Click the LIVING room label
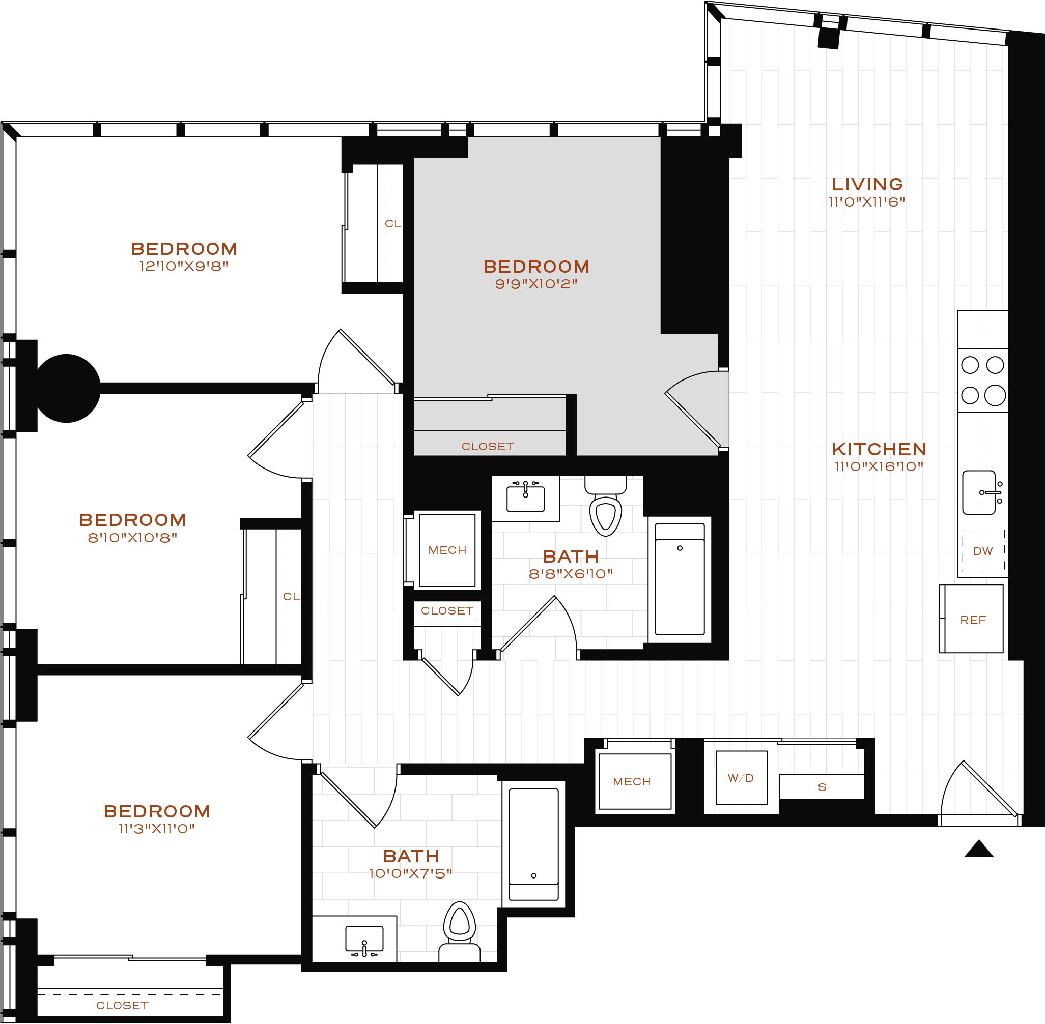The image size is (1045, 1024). point(867,185)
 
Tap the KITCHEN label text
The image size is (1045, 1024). point(879,449)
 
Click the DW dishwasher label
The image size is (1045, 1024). point(983,551)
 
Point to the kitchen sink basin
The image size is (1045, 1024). point(979,492)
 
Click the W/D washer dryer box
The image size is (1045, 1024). point(741,778)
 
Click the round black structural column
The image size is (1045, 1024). point(66,388)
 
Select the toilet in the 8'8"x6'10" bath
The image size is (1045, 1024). point(606,506)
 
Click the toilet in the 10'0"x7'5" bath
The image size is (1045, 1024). point(460,932)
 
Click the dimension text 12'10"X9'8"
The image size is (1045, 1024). point(184,266)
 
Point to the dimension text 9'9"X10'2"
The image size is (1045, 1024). point(536,284)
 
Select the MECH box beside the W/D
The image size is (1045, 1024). point(635,781)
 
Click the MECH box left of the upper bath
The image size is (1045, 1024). point(447,550)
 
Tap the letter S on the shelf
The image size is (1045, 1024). point(822,787)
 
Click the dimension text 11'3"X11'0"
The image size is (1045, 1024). point(157,829)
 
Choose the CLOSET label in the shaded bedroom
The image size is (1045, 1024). point(488,447)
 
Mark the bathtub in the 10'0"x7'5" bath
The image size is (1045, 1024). point(534,844)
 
